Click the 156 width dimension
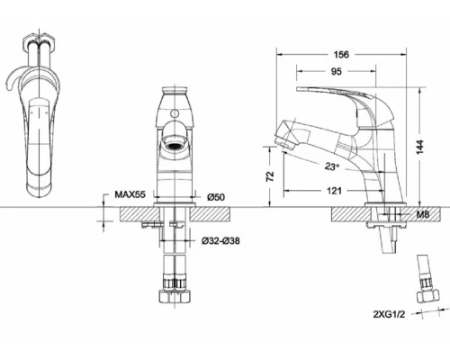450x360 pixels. (x=341, y=55)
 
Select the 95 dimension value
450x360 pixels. (x=337, y=71)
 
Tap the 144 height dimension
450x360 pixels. (x=420, y=147)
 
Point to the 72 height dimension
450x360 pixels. (x=270, y=176)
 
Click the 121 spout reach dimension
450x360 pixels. (x=334, y=191)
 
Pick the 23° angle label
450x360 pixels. (x=332, y=166)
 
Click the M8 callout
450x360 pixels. (x=423, y=214)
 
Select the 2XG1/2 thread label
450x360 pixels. (x=389, y=314)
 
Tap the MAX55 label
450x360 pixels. (x=130, y=194)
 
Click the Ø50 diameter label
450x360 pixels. (x=216, y=197)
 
